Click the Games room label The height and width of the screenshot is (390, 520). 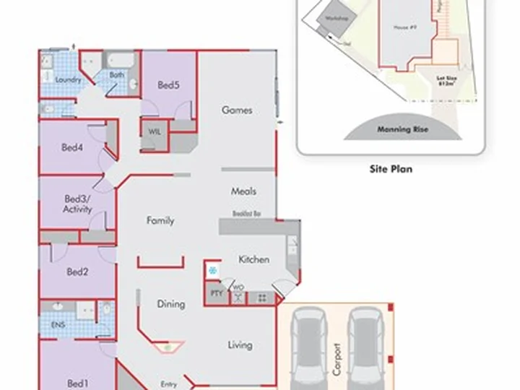[x=237, y=110]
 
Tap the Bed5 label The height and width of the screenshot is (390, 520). [x=168, y=85]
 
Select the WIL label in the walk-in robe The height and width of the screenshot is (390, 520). [x=155, y=131]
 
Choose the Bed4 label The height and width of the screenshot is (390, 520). [x=72, y=148]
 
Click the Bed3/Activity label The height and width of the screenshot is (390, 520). [x=77, y=204]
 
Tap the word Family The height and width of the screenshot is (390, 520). [x=160, y=220]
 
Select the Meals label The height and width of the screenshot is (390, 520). [x=243, y=191]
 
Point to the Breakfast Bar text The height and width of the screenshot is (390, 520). [x=246, y=214]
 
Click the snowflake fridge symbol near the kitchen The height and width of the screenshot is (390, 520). [x=212, y=271]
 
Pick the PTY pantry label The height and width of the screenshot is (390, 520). [x=215, y=293]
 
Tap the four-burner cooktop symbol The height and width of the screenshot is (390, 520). [x=261, y=298]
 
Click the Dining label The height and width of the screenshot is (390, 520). [x=171, y=304]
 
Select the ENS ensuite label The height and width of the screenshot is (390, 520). [x=58, y=325]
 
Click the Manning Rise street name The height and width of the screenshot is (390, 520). [x=399, y=131]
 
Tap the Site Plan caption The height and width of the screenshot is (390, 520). [x=390, y=170]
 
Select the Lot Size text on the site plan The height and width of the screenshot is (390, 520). [x=446, y=80]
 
